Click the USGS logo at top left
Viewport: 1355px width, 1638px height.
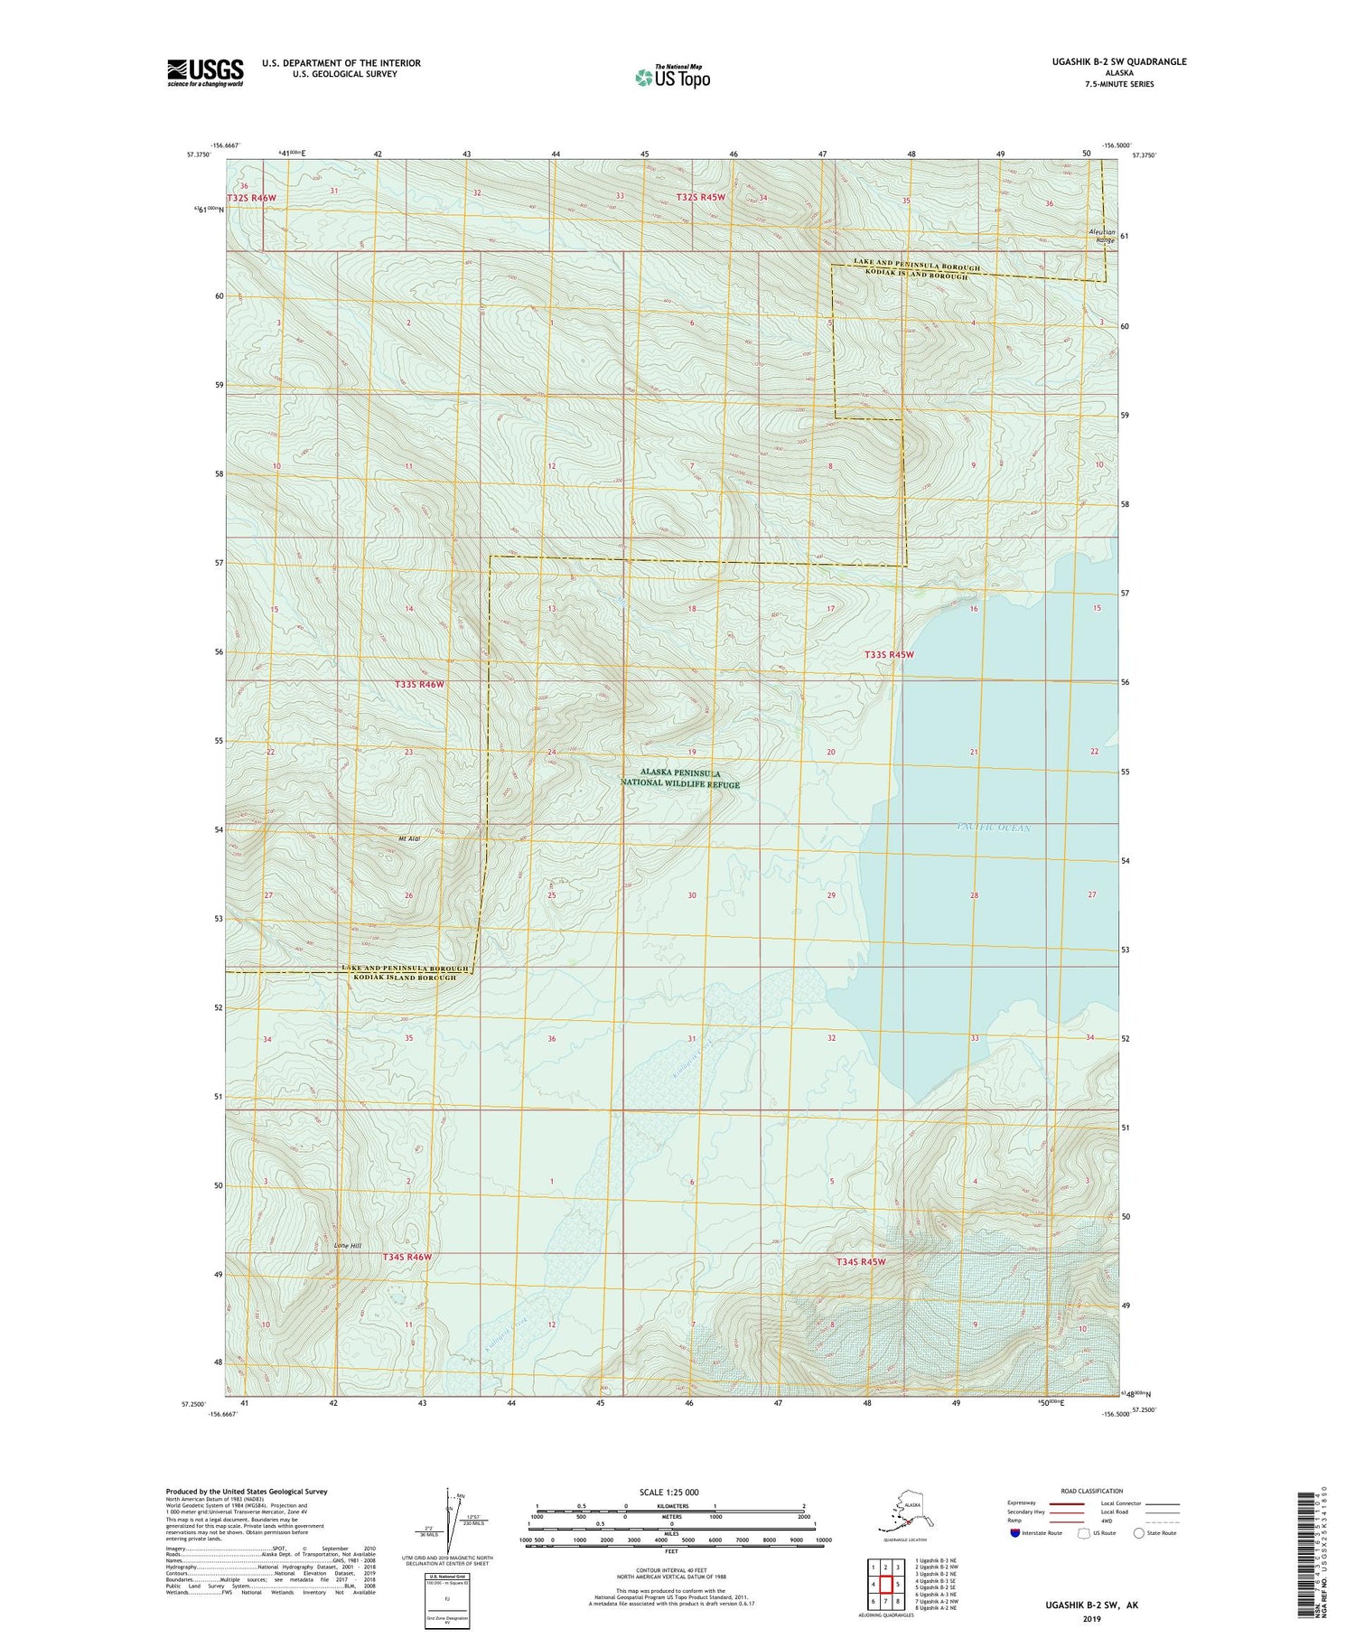click(x=205, y=72)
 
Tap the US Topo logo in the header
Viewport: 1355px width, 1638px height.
click(x=672, y=77)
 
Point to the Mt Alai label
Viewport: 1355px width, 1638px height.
click(x=410, y=838)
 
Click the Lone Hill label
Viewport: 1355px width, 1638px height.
click(x=347, y=1246)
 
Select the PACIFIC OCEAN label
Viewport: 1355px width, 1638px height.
click(x=993, y=828)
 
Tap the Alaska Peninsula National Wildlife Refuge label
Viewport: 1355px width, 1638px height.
click(x=680, y=779)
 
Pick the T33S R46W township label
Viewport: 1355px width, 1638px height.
click(x=419, y=685)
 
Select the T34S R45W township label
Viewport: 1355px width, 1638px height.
click(x=862, y=1261)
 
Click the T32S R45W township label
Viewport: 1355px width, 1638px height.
click(x=701, y=197)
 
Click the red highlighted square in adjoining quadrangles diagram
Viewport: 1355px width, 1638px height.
click(x=886, y=1584)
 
